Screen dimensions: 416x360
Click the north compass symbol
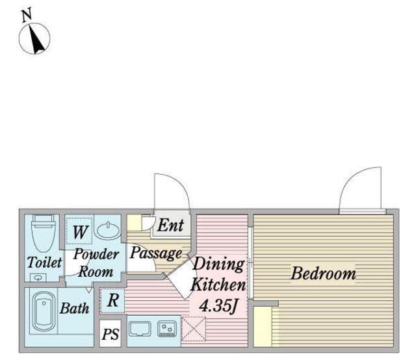pos(34,38)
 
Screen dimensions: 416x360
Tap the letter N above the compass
pos(27,15)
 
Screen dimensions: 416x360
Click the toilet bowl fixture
pos(43,233)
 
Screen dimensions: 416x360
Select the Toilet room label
pos(44,263)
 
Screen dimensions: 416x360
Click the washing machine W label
pos(79,232)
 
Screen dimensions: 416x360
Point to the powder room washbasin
pos(108,230)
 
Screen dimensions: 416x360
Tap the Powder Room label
pos(96,263)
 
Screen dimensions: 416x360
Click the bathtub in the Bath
pos(44,311)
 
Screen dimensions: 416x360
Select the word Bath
pos(75,308)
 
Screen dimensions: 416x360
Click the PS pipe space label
pos(110,334)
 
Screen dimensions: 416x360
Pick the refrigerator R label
pos(113,301)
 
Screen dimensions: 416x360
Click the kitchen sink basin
pos(140,329)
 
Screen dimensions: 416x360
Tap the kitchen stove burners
pos(167,329)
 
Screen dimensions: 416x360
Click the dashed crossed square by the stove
pos(194,329)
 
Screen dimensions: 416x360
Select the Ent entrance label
pos(170,225)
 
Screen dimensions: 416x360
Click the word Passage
pos(156,253)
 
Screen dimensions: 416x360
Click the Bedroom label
pos(323,274)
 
